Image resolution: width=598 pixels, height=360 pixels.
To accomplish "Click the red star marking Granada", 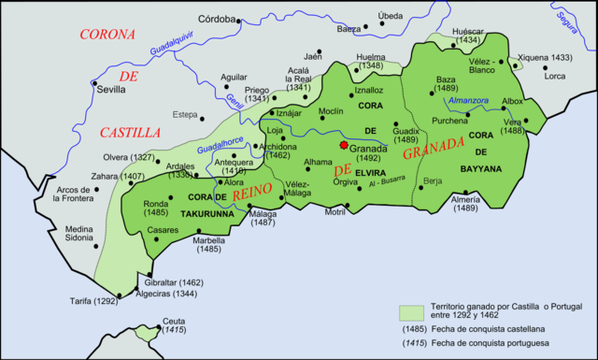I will pyautogui.click(x=344, y=146).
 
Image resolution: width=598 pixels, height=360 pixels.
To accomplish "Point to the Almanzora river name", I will pyautogui.click(x=468, y=100).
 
